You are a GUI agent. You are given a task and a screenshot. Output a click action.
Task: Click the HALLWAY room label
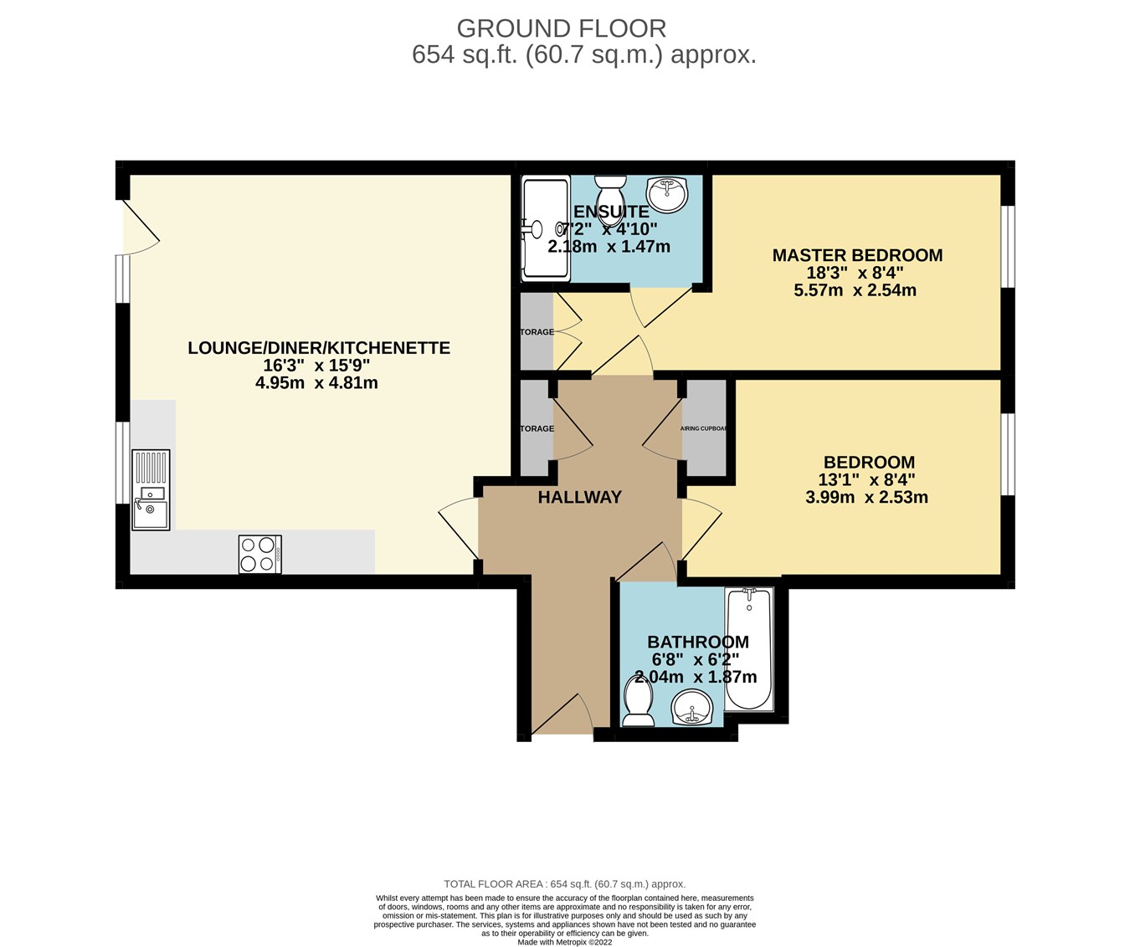tap(579, 497)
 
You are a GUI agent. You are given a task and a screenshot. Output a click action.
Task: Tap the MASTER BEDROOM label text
tap(856, 255)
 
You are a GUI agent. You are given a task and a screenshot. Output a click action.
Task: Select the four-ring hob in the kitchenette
tap(259, 554)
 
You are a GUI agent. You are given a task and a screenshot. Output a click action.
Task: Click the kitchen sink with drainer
tap(151, 490)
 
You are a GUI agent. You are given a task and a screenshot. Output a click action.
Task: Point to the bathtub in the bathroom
tap(748, 649)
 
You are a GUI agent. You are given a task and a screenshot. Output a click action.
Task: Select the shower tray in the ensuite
tap(544, 228)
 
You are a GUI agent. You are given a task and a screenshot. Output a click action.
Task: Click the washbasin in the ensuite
tap(667, 194)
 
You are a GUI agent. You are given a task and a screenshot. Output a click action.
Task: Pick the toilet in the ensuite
tap(610, 189)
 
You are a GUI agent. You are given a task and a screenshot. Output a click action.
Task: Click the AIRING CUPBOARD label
tap(704, 428)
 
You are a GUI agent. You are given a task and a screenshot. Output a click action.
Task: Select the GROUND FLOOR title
tap(561, 28)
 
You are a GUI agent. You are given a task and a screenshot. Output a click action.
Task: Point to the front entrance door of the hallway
tap(562, 716)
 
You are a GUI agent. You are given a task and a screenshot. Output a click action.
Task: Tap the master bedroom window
tap(1009, 247)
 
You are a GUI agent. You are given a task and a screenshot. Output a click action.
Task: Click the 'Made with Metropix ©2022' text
tap(565, 941)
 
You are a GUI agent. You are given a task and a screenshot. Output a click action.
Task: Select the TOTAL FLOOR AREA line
tap(564, 883)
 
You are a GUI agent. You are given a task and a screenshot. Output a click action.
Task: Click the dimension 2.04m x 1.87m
tap(696, 678)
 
